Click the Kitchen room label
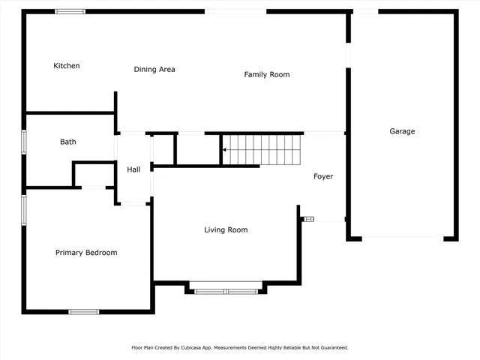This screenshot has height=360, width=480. click(66, 66)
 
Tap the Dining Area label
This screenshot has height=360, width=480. click(154, 70)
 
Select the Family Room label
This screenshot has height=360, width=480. click(266, 74)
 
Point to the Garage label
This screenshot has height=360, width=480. click(402, 131)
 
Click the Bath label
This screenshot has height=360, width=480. click(68, 142)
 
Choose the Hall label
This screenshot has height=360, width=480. click(133, 169)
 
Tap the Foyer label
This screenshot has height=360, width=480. click(323, 177)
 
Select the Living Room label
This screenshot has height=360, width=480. click(226, 229)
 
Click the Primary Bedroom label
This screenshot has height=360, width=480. click(86, 253)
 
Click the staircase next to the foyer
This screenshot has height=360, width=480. click(262, 148)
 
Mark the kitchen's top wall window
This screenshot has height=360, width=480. click(70, 11)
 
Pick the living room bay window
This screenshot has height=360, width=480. click(226, 291)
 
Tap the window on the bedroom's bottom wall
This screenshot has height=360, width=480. click(83, 311)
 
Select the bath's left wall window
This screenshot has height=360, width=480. click(24, 142)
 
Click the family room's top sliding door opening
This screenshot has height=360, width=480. click(235, 11)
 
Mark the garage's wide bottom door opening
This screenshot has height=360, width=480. click(403, 238)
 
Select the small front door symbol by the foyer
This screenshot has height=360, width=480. click(308, 219)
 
